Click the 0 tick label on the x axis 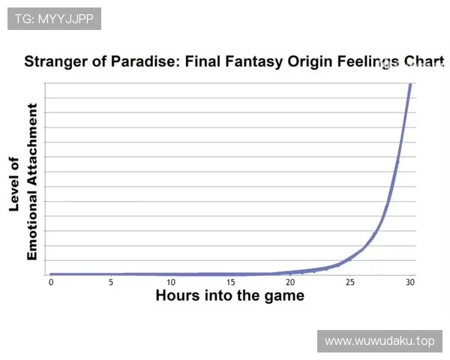pos(51,283)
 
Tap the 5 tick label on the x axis pos(111,283)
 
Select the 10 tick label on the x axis pos(171,283)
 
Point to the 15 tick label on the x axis pos(231,283)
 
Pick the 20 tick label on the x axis pos(290,283)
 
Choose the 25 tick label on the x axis pos(350,283)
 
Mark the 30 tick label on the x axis pos(410,283)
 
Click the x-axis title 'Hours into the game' pos(230,295)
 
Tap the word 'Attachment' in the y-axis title pos(32,145)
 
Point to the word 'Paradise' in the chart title pos(145,61)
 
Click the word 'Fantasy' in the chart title pos(255,61)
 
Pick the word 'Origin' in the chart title pos(310,61)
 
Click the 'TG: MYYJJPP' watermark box pos(54,19)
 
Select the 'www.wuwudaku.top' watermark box pos(379,341)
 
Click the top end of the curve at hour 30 pos(410,84)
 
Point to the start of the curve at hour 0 pos(51,274)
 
